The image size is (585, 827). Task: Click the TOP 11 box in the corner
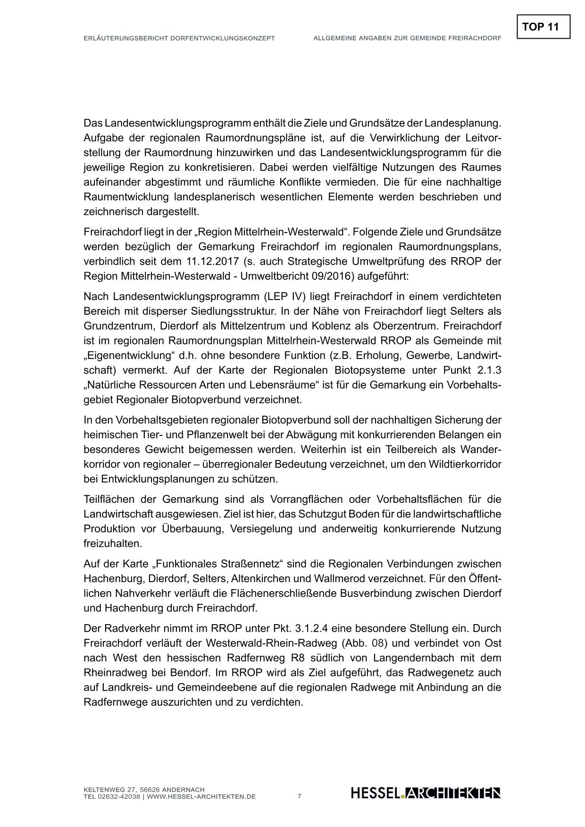click(x=543, y=26)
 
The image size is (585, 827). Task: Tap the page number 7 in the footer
click(x=299, y=796)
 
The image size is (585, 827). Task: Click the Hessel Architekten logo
click(x=426, y=793)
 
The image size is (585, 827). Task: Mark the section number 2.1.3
click(x=487, y=370)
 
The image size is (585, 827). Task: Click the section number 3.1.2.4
click(x=322, y=628)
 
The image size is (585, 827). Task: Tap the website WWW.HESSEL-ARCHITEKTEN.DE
click(x=201, y=797)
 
